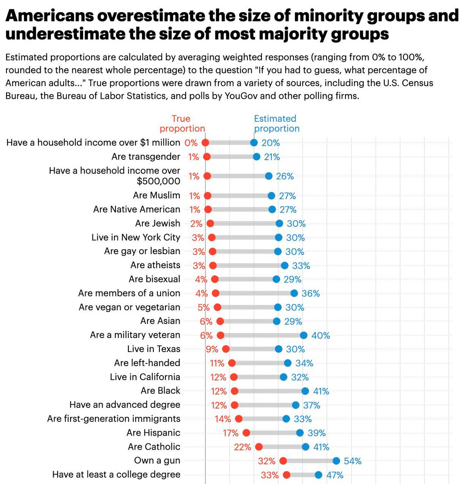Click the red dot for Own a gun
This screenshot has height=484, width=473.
click(283, 461)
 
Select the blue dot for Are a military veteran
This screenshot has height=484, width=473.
click(303, 335)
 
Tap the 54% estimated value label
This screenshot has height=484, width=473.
click(352, 461)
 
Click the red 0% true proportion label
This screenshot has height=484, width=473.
click(191, 143)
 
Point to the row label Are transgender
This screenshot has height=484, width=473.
click(146, 156)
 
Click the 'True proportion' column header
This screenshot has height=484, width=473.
click(182, 123)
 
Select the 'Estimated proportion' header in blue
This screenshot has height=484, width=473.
click(276, 123)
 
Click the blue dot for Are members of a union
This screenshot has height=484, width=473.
click(294, 293)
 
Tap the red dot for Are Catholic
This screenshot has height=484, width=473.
click(259, 447)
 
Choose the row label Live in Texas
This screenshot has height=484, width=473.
click(153, 349)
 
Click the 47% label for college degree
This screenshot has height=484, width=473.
click(335, 475)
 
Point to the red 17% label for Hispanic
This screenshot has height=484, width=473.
click(230, 433)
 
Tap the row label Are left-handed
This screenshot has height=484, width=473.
click(147, 363)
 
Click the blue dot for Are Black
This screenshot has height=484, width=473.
click(305, 391)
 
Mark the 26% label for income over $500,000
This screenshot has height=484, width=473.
click(285, 176)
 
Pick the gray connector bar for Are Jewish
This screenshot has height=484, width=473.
click(245, 223)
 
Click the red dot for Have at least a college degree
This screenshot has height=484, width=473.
click(287, 475)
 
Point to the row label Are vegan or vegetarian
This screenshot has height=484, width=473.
click(129, 307)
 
